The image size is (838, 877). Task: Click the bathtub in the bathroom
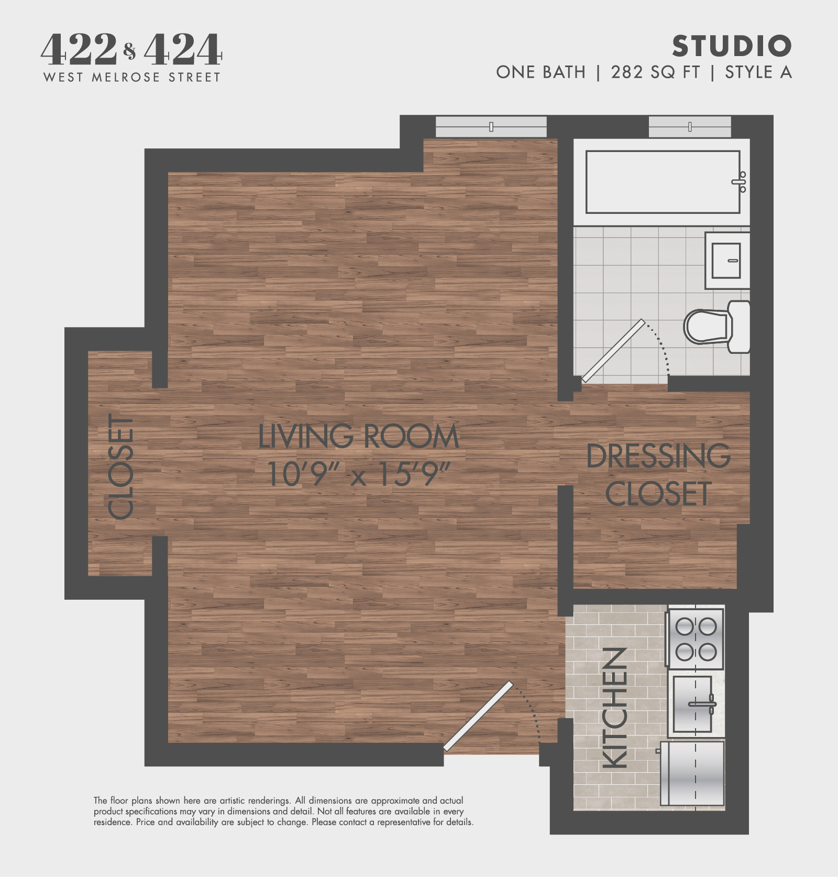click(663, 182)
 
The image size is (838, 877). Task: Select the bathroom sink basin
click(726, 261)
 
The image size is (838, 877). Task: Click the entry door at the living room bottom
click(478, 716)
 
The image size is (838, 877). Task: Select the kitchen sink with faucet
click(693, 704)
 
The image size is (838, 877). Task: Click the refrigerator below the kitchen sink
click(692, 773)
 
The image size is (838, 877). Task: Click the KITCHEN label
click(615, 708)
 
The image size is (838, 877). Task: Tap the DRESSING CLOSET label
click(658, 475)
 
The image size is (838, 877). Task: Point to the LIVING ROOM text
click(359, 437)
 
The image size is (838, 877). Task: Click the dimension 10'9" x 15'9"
click(359, 473)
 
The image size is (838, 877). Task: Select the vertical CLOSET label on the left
click(122, 467)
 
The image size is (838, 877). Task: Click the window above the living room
click(491, 127)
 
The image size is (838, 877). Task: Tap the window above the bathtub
click(689, 127)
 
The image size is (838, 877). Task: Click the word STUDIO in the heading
click(732, 46)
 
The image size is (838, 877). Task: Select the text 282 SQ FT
click(655, 72)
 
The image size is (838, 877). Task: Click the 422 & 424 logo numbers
click(131, 49)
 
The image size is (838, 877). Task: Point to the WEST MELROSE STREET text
click(131, 78)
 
